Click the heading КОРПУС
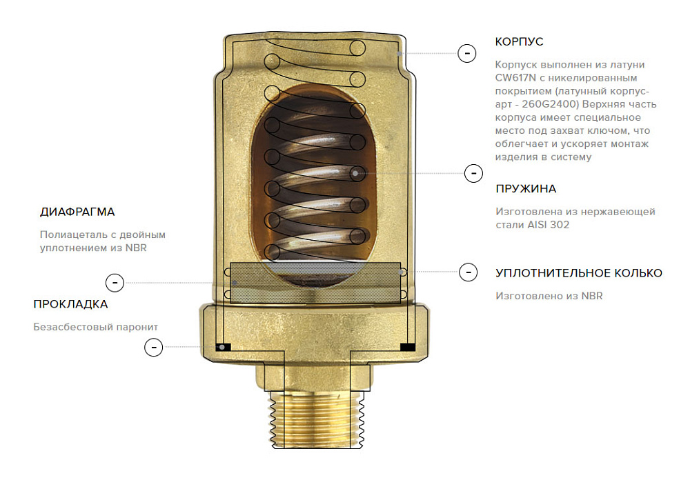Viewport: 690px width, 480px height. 520,42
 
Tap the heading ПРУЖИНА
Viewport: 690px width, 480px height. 526,189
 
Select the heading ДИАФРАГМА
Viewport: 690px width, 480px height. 77,212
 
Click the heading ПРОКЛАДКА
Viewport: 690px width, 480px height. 70,304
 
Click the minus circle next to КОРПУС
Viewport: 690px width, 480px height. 467,53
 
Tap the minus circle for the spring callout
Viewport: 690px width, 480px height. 473,173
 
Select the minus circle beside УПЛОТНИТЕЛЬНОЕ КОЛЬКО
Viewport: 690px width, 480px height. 469,272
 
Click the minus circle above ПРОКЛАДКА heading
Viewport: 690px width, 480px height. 115,283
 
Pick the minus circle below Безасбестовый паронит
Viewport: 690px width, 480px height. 154,347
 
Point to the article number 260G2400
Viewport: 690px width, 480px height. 549,104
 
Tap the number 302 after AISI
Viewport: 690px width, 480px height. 560,225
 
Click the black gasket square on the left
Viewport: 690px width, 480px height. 223,347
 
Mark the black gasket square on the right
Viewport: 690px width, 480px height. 408,347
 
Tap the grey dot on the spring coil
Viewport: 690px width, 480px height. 355,173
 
